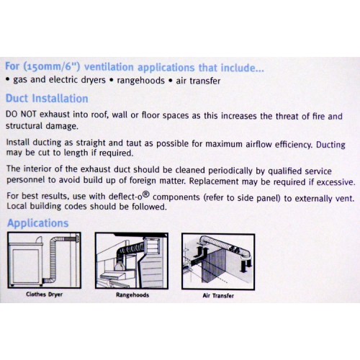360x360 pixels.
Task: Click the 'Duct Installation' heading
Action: coord(47,99)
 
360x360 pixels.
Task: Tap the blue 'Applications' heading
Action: coord(38,223)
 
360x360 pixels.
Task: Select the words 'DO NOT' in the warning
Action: coord(21,114)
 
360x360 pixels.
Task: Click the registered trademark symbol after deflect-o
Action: coord(146,194)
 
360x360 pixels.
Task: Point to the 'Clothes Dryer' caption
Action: coord(45,294)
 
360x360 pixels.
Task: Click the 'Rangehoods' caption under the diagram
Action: coord(132,295)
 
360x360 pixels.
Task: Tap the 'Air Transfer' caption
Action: coord(218,295)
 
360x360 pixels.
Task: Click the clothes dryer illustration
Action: coord(45,260)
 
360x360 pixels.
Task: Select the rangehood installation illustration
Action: coord(132,261)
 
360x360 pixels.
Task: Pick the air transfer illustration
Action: coord(218,261)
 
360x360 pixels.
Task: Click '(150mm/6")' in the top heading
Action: coord(52,66)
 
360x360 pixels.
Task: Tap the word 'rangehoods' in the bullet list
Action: coord(140,81)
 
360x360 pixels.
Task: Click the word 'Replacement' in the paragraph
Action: coord(214,181)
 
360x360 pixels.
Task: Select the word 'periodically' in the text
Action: coord(230,171)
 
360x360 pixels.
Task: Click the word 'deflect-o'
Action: coord(125,197)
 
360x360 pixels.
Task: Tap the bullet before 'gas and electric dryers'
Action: coord(8,80)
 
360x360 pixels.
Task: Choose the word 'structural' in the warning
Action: coord(24,126)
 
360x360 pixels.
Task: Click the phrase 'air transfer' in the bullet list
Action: coord(198,81)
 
